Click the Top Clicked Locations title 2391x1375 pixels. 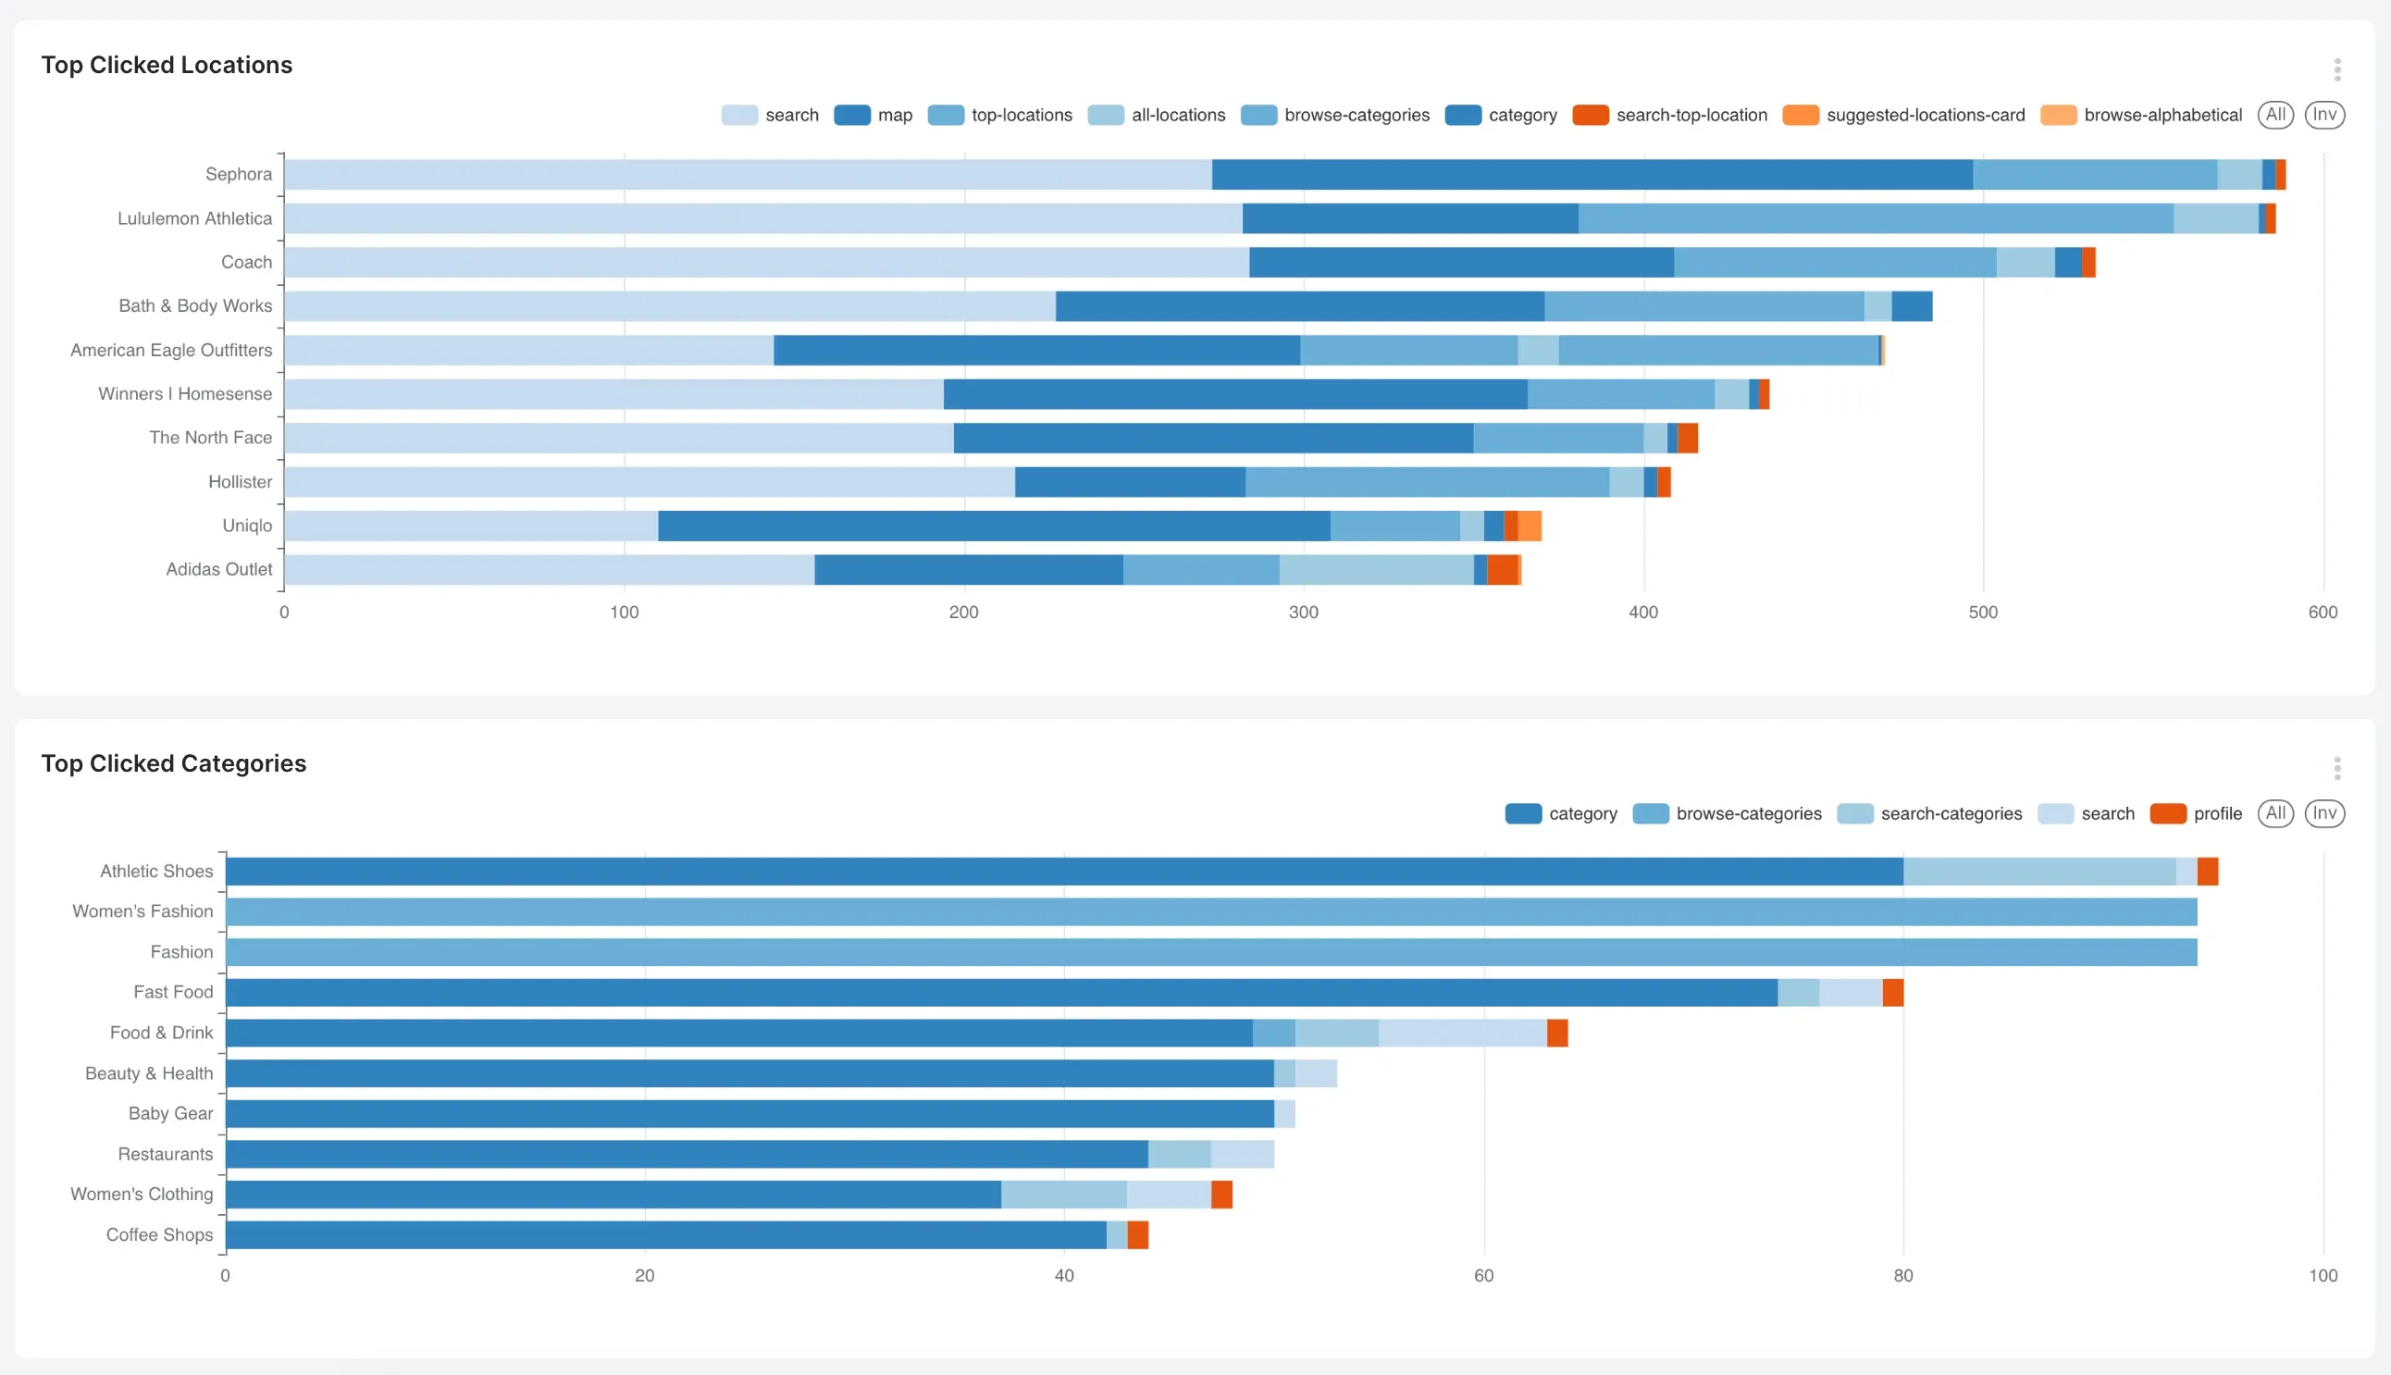(167, 65)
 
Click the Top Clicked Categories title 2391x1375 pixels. (174, 763)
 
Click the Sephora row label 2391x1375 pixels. (239, 174)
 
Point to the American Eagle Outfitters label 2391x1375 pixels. (171, 351)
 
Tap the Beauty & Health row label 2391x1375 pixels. (149, 1072)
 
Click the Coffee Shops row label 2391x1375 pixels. (159, 1234)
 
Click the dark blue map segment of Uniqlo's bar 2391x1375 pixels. (994, 526)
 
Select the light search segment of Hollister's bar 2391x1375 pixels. (649, 482)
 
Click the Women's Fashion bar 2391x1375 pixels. (1210, 911)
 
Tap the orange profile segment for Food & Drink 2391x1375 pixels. (1557, 1034)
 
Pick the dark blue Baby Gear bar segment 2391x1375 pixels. (749, 1113)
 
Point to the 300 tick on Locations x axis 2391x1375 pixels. (1303, 612)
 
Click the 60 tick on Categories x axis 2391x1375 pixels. (1483, 1275)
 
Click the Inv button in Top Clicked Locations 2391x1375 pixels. (2324, 116)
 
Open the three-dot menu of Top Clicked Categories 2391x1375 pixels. (2336, 768)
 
